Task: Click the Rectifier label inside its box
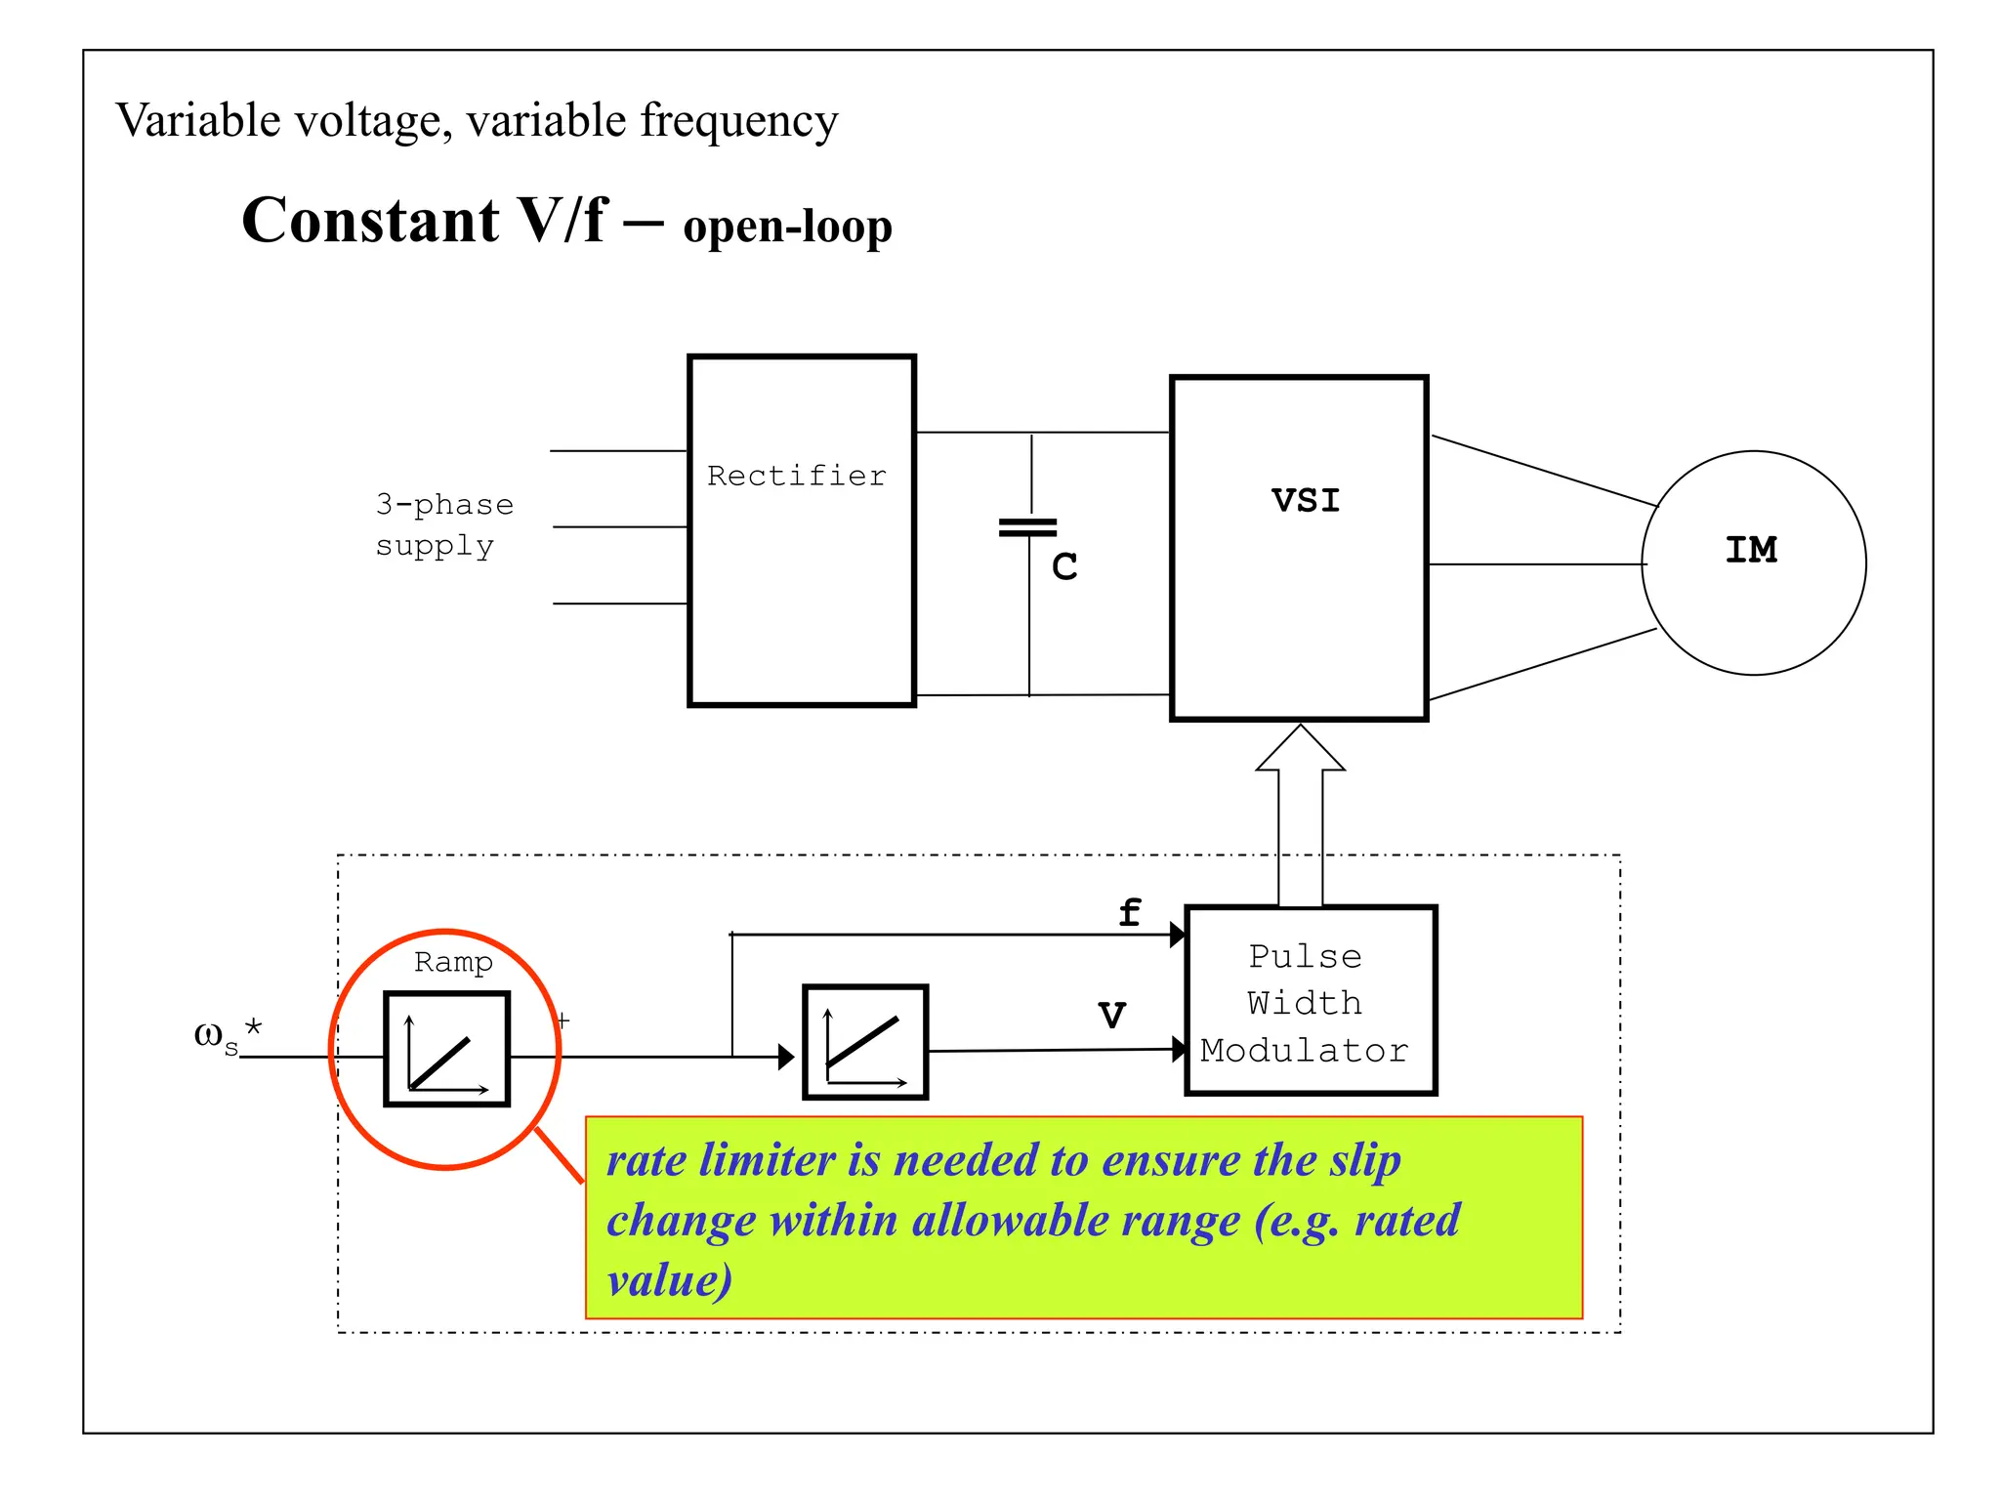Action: point(796,476)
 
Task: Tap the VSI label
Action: point(1306,500)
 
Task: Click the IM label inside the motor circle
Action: point(1751,550)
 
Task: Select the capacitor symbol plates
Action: point(1028,528)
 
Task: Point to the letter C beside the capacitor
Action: point(1064,567)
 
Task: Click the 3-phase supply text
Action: point(443,524)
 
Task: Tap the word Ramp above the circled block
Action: point(453,962)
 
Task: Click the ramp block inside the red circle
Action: point(447,1049)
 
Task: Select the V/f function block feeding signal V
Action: point(864,1042)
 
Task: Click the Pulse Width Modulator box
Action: point(1310,1001)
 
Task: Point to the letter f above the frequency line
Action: point(1129,913)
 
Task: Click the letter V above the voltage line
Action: point(1111,1016)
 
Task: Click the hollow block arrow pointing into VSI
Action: point(1300,801)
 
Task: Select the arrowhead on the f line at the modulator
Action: point(1178,935)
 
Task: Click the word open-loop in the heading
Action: point(787,227)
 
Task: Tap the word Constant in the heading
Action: point(370,221)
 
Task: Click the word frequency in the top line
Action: point(739,121)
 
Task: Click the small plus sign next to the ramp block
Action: point(562,1021)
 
